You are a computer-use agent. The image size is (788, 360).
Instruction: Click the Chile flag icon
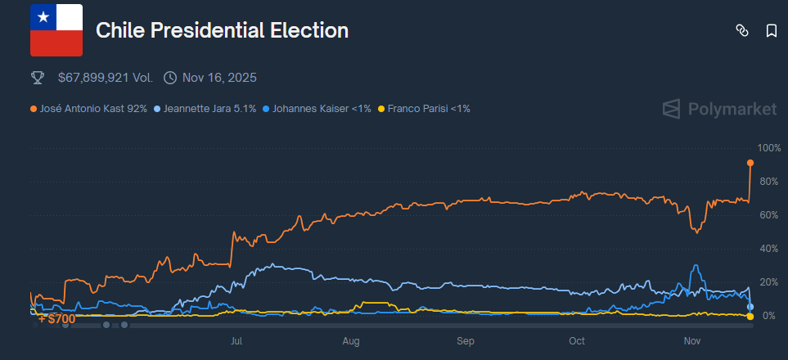56,30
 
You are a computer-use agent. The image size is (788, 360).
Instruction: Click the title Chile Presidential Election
222,31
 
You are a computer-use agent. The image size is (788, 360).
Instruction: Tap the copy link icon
742,31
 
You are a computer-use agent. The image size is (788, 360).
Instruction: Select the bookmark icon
771,31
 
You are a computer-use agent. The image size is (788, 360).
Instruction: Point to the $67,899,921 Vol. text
105,78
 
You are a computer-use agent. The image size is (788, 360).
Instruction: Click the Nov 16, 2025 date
219,78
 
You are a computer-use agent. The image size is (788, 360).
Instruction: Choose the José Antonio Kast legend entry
89,108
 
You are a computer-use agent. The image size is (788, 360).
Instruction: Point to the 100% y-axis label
770,148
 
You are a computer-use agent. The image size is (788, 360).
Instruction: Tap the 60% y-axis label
770,215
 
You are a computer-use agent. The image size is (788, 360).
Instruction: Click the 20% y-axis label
770,282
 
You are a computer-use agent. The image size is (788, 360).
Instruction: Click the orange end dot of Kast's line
750,163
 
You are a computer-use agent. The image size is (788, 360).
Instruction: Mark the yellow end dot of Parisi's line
750,317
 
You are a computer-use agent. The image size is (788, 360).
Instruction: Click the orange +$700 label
56,318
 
